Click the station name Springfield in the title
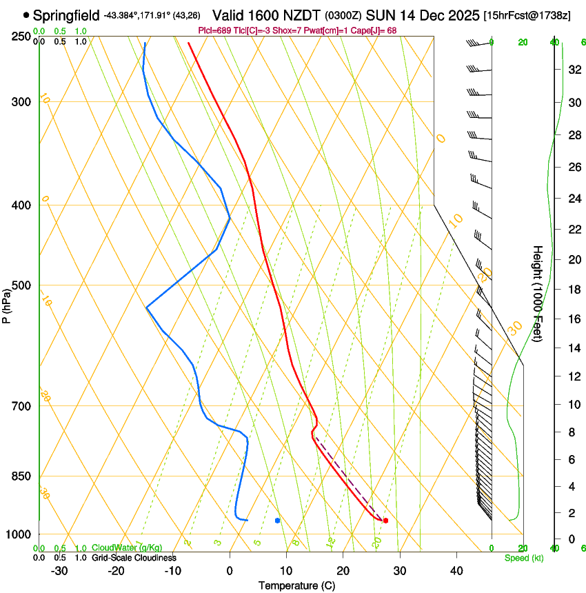[x=66, y=14]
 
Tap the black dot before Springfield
[x=26, y=14]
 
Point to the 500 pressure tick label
[x=21, y=285]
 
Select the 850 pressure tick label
[x=21, y=476]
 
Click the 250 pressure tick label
[x=21, y=36]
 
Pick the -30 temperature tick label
[x=59, y=570]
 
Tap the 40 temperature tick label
[x=456, y=570]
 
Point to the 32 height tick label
[x=574, y=70]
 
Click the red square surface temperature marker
[x=385, y=521]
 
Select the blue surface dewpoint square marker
[x=277, y=521]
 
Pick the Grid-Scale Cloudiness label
[x=134, y=558]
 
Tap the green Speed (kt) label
[x=523, y=558]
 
